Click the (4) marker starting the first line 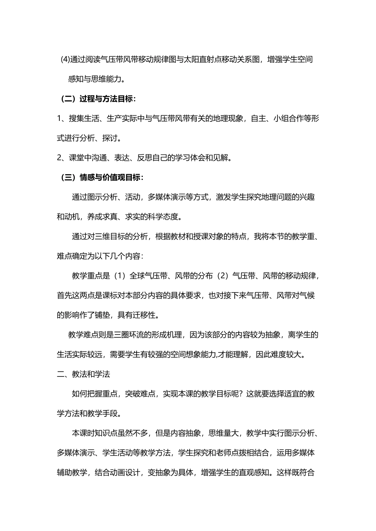65,60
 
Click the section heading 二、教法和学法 84,374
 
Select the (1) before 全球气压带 120,276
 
